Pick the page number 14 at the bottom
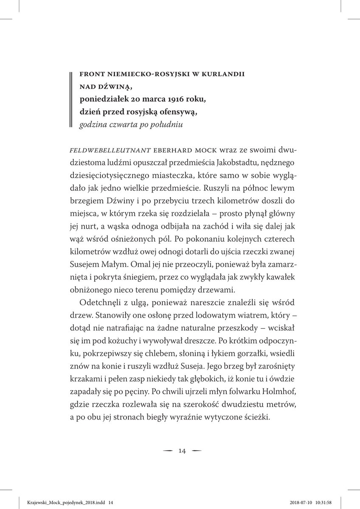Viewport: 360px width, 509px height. pyautogui.click(x=182, y=450)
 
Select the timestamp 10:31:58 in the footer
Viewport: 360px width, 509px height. pyautogui.click(x=335, y=499)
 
